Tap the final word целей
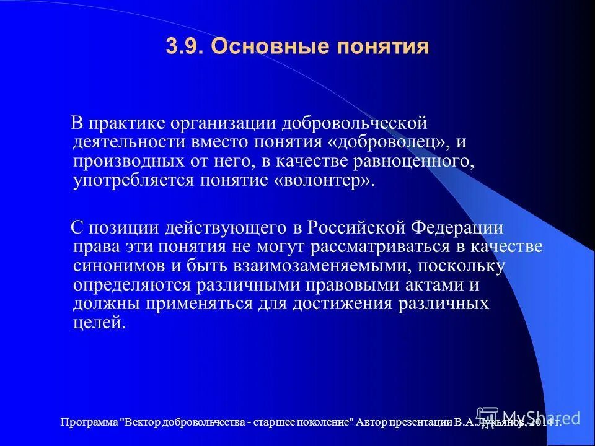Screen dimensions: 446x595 pos(99,323)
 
